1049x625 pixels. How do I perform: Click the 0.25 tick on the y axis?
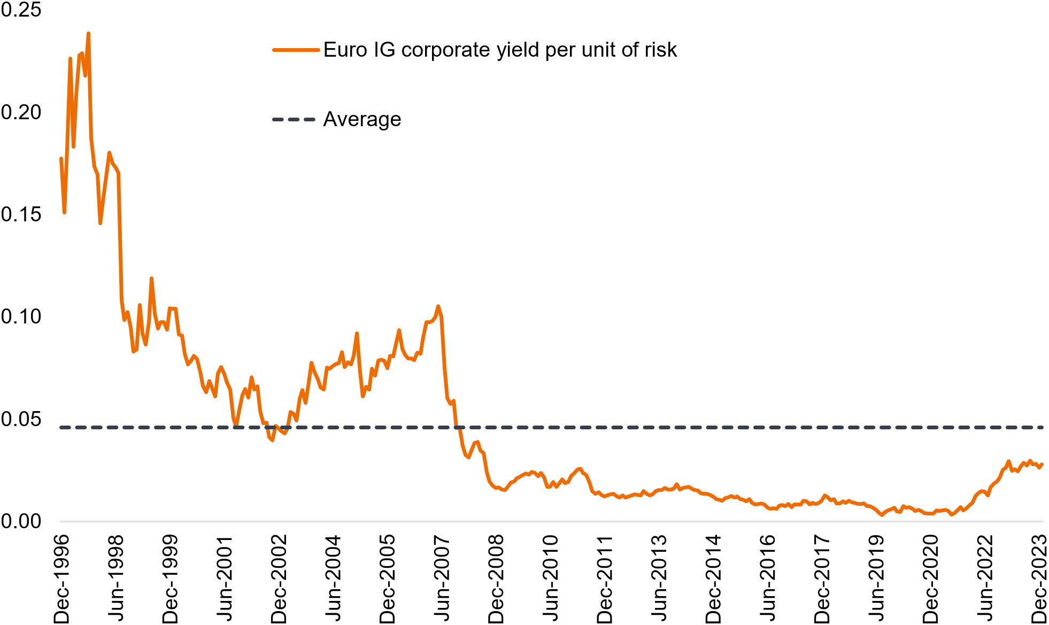(x=21, y=10)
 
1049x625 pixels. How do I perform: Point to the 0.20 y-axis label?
(x=21, y=112)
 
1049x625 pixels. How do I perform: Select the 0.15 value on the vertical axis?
(x=21, y=214)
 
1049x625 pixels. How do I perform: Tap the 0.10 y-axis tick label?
(x=21, y=317)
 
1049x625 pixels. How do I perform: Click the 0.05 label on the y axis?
(x=21, y=419)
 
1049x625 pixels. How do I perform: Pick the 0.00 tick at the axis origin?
(x=21, y=521)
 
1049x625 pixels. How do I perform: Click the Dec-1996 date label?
(x=62, y=578)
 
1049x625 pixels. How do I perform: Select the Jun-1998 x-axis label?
(x=116, y=578)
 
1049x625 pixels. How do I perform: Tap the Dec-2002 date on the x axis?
(x=279, y=578)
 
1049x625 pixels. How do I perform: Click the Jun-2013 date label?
(x=659, y=578)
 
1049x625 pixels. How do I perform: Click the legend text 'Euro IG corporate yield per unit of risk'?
(x=500, y=50)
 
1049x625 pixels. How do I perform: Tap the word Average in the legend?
(x=362, y=119)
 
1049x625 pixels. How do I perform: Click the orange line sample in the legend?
(x=296, y=50)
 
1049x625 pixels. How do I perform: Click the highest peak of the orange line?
(x=88, y=34)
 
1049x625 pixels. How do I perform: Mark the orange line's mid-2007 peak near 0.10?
(x=438, y=306)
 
